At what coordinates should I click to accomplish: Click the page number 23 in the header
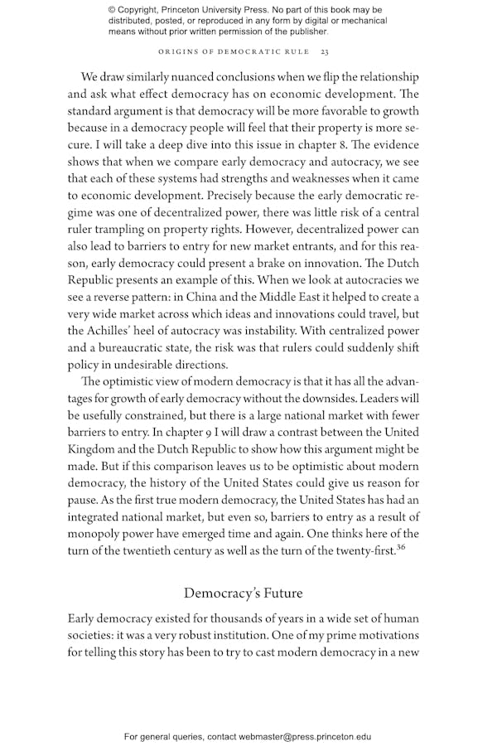pyautogui.click(x=325, y=53)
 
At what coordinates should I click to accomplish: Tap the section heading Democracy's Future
pyautogui.click(x=244, y=593)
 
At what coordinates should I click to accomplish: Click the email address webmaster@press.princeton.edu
pyautogui.click(x=305, y=736)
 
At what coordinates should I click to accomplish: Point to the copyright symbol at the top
pyautogui.click(x=113, y=9)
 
